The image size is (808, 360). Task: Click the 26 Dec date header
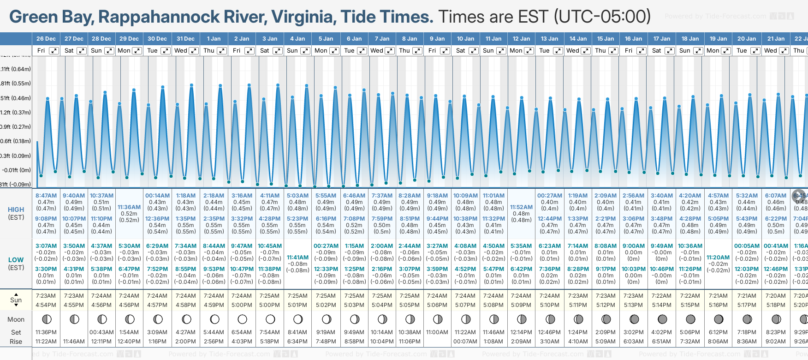(x=46, y=39)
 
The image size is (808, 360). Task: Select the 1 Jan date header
(x=214, y=39)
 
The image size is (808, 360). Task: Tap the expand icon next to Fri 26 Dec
(x=54, y=51)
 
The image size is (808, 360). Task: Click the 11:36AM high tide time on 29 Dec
(x=129, y=207)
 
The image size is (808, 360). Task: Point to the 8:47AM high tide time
(x=46, y=196)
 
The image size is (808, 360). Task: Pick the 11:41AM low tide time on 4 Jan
(x=297, y=258)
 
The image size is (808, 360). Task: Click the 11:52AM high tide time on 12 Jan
(x=521, y=207)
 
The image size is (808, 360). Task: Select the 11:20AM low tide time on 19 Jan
(x=718, y=258)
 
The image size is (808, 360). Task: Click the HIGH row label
(x=16, y=210)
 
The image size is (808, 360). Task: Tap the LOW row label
(x=16, y=260)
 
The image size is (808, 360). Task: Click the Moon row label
(x=16, y=319)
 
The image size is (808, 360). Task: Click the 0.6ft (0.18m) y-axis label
(x=16, y=141)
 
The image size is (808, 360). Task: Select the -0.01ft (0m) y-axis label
(x=16, y=170)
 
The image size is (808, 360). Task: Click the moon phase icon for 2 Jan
(x=242, y=319)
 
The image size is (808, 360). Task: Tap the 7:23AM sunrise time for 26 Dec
(x=46, y=296)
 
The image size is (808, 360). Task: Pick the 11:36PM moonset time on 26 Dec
(x=46, y=332)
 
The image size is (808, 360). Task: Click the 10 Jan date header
(x=465, y=39)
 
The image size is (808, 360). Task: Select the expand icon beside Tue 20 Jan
(x=755, y=51)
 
